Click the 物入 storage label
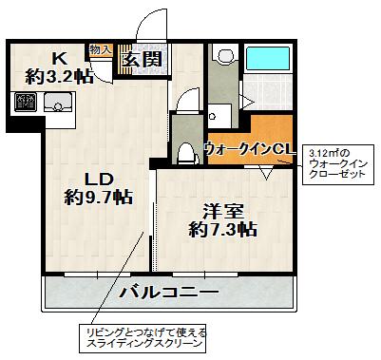click(x=101, y=47)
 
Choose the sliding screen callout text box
click(x=143, y=338)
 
